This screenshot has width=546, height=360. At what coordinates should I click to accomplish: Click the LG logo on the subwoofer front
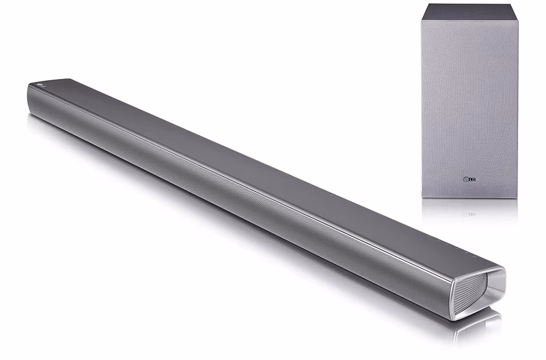click(469, 180)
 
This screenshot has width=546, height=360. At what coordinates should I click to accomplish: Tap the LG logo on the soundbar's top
click(39, 85)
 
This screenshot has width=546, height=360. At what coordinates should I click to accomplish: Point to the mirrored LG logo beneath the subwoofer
click(469, 214)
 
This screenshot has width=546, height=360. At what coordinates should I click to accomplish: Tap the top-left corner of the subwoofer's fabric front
click(422, 21)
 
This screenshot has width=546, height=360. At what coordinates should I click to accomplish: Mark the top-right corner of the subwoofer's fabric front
click(518, 21)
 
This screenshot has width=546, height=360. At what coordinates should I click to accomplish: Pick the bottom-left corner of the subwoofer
click(422, 198)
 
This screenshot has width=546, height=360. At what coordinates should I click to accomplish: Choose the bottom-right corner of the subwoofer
click(517, 198)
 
